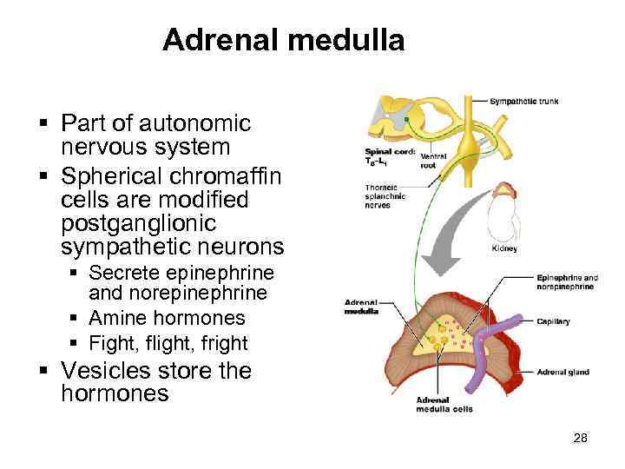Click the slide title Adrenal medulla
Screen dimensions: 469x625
(x=283, y=40)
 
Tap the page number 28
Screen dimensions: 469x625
(x=581, y=438)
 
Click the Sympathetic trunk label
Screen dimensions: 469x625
(x=523, y=102)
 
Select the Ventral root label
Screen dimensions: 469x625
(x=433, y=160)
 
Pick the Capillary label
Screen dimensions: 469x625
(x=553, y=321)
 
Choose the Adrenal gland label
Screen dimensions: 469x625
(x=563, y=372)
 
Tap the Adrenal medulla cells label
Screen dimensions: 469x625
(x=444, y=405)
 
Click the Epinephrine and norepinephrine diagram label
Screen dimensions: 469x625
(x=568, y=281)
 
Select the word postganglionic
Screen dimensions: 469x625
(x=155, y=224)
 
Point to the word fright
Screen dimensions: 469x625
(x=222, y=342)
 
